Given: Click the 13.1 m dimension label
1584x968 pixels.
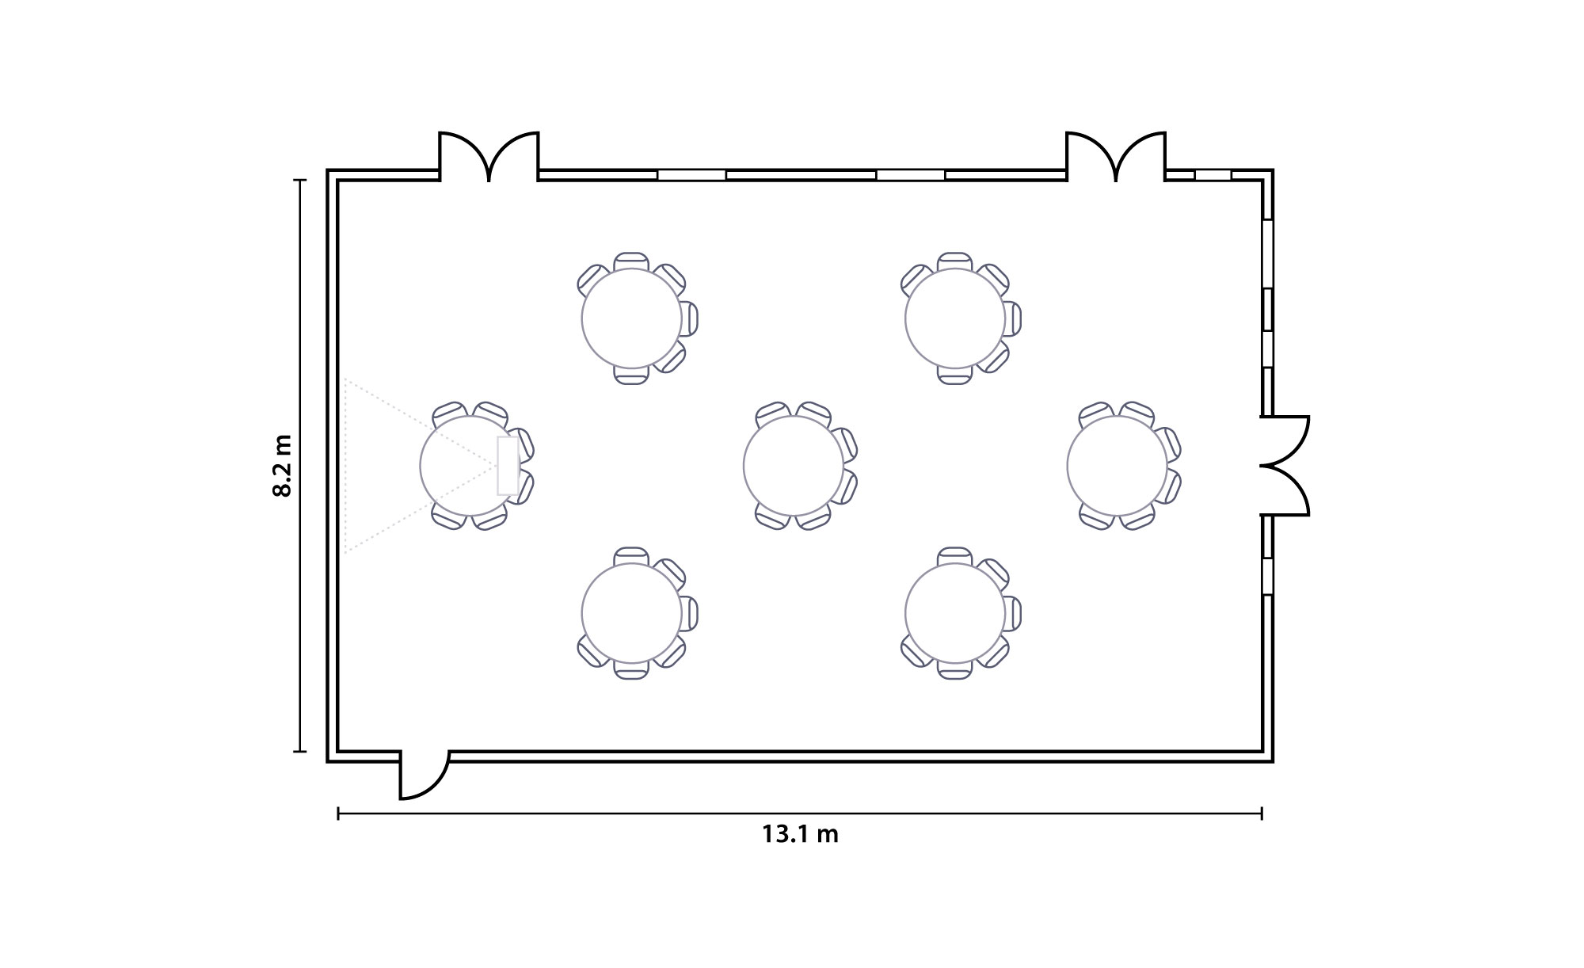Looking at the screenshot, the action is tap(800, 835).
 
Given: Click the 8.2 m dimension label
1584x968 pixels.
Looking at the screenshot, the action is tap(282, 466).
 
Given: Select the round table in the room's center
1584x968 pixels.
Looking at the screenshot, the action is tap(794, 466).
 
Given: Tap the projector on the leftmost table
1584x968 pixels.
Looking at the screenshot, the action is tap(508, 466).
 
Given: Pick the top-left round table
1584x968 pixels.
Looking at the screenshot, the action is tap(631, 318).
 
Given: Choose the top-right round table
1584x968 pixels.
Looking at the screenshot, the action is tap(955, 318).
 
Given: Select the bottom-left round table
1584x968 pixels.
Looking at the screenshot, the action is tap(631, 613).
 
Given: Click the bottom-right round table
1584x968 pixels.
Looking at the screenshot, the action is tap(955, 613).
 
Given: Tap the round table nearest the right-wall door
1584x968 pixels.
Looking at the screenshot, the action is tap(1117, 466).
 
